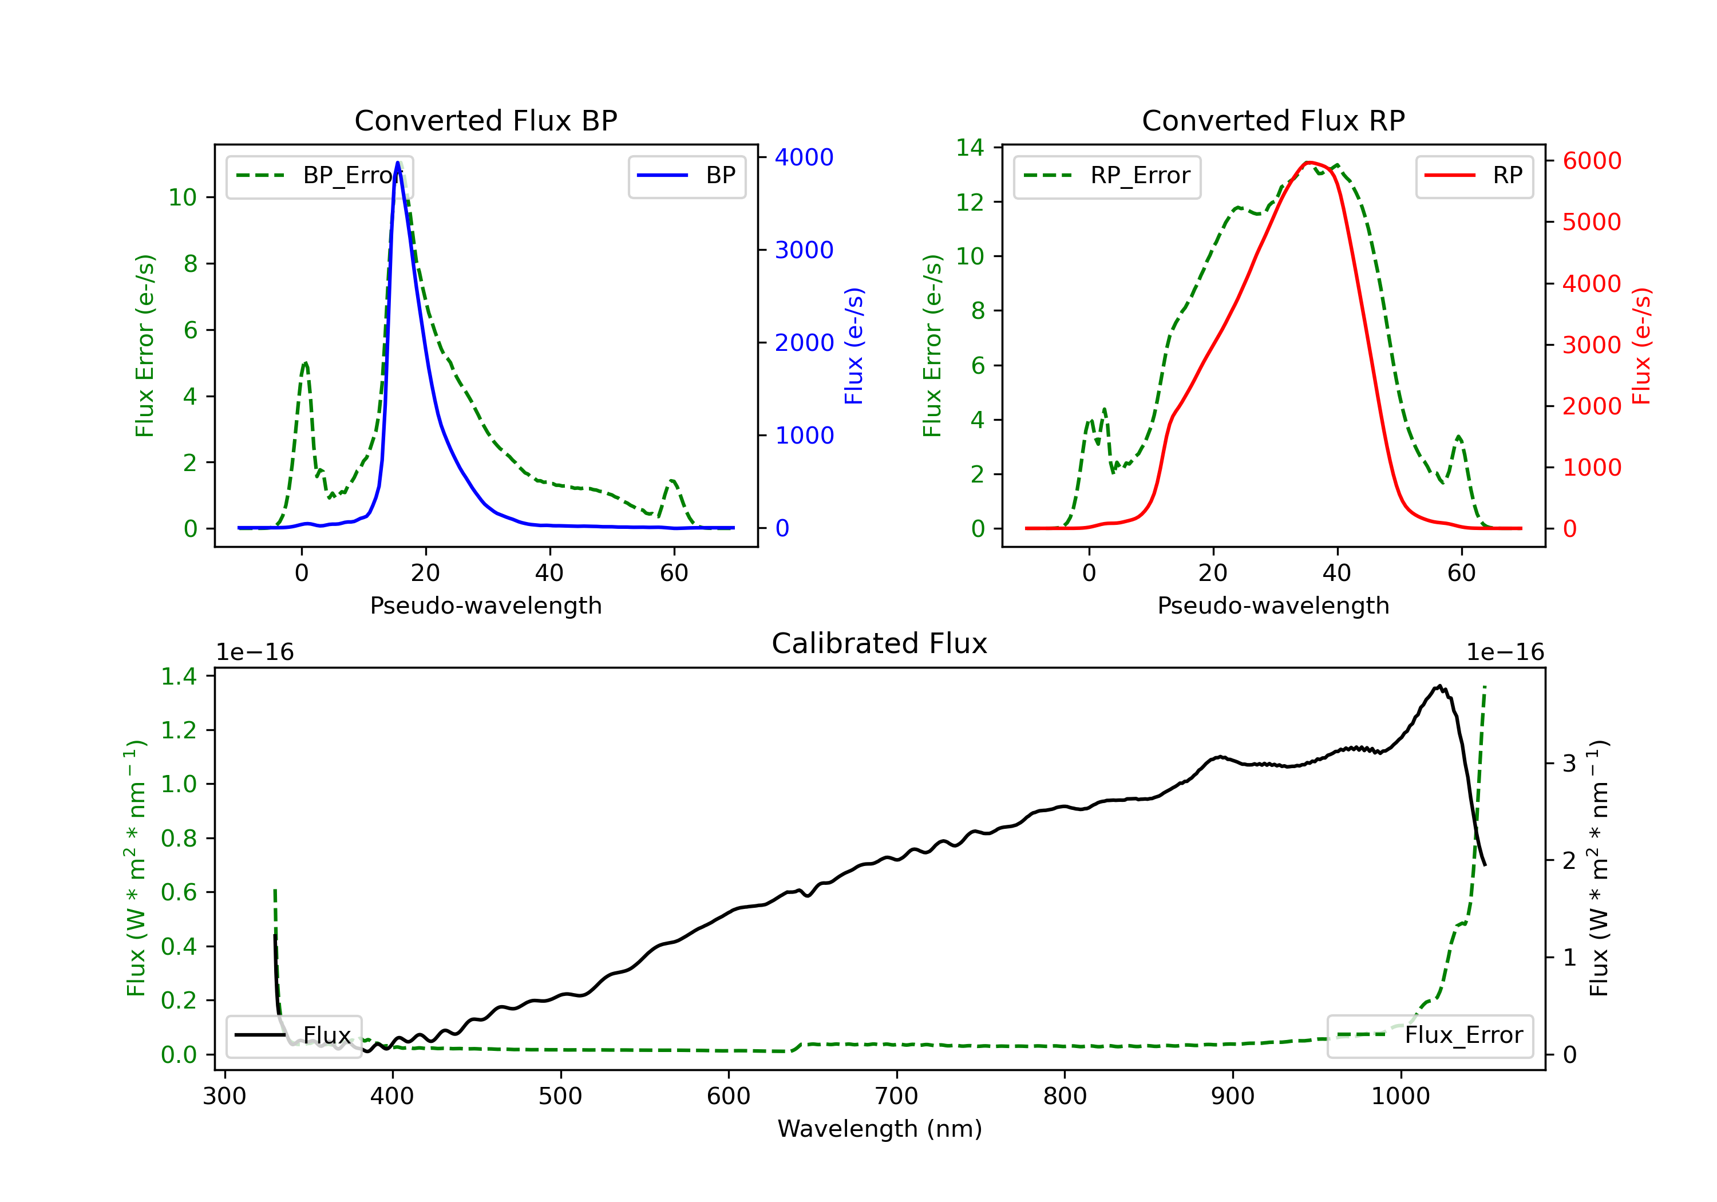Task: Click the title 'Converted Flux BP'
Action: click(x=485, y=120)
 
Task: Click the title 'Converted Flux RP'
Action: click(x=1273, y=120)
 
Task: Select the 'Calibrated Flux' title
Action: click(x=880, y=643)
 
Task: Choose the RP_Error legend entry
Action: click(x=1107, y=176)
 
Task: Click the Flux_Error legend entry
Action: click(x=1430, y=1035)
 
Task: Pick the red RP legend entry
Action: click(x=1474, y=176)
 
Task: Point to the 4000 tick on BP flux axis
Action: click(x=804, y=157)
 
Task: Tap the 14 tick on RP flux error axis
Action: click(x=970, y=147)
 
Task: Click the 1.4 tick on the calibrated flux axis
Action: click(x=179, y=676)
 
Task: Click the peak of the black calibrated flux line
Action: click(x=1439, y=685)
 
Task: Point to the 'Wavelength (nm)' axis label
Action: click(x=880, y=1129)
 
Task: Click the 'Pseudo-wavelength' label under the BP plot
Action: click(x=486, y=605)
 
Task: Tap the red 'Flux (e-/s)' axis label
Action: click(x=1641, y=346)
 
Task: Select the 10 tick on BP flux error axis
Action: click(x=182, y=197)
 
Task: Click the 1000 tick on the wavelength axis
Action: click(x=1400, y=1097)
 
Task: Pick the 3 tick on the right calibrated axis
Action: click(x=1569, y=764)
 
